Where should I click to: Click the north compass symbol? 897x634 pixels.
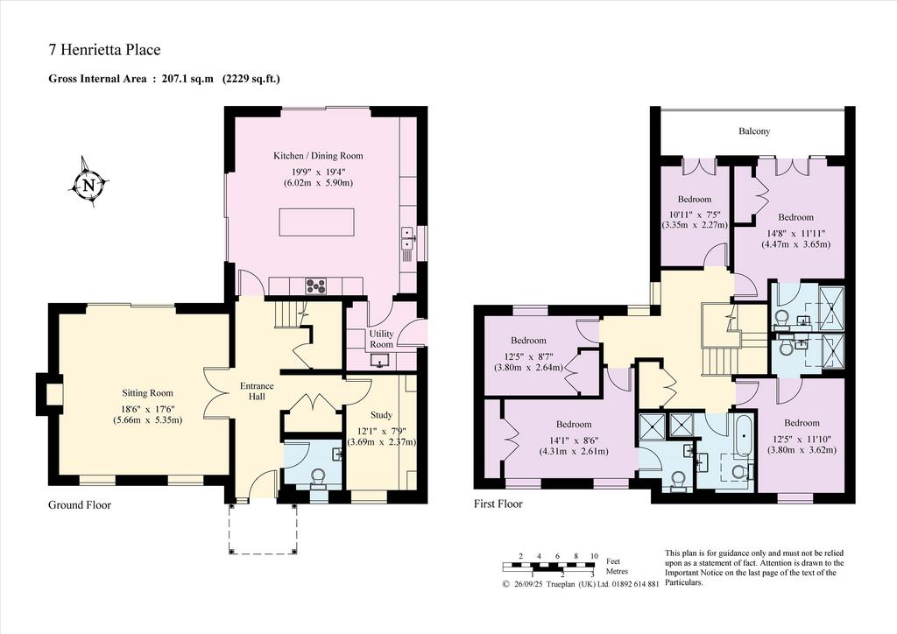(88, 184)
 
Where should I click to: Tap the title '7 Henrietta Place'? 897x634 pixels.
(105, 50)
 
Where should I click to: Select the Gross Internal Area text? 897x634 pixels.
(164, 79)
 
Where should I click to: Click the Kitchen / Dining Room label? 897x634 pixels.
(318, 156)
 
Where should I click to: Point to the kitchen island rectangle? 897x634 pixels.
(316, 222)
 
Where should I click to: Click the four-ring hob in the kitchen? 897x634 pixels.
(314, 285)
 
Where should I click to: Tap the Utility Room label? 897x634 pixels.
(381, 339)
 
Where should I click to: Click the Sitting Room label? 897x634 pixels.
(147, 393)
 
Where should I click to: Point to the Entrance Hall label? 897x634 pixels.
(257, 391)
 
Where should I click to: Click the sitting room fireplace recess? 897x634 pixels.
(53, 394)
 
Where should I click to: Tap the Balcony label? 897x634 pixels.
(754, 131)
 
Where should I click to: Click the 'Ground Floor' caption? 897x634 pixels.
(80, 504)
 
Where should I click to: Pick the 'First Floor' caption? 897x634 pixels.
(498, 504)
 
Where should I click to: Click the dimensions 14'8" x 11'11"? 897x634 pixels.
(795, 233)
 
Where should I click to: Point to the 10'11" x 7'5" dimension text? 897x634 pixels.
(695, 215)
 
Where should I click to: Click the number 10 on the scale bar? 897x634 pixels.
(595, 556)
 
